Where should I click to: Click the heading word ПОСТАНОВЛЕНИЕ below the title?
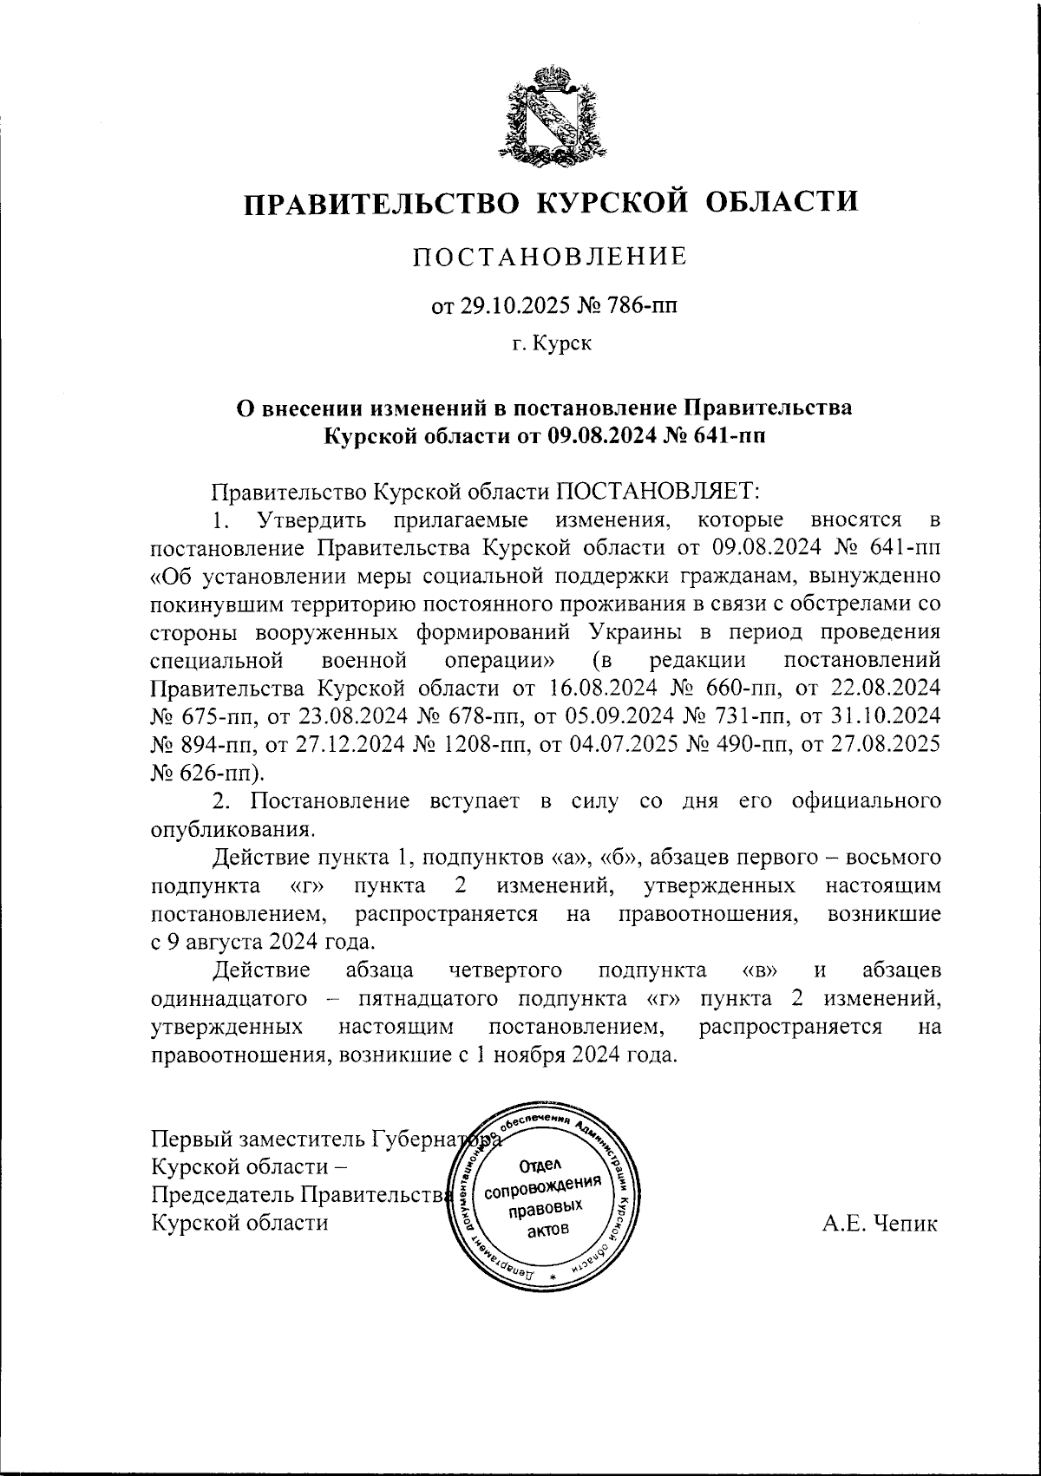coord(550,258)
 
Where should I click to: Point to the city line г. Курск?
coord(551,345)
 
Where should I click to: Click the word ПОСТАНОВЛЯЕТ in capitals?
coord(657,492)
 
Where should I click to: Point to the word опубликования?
coord(231,828)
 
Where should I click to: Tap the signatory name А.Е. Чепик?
coord(880,1224)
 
